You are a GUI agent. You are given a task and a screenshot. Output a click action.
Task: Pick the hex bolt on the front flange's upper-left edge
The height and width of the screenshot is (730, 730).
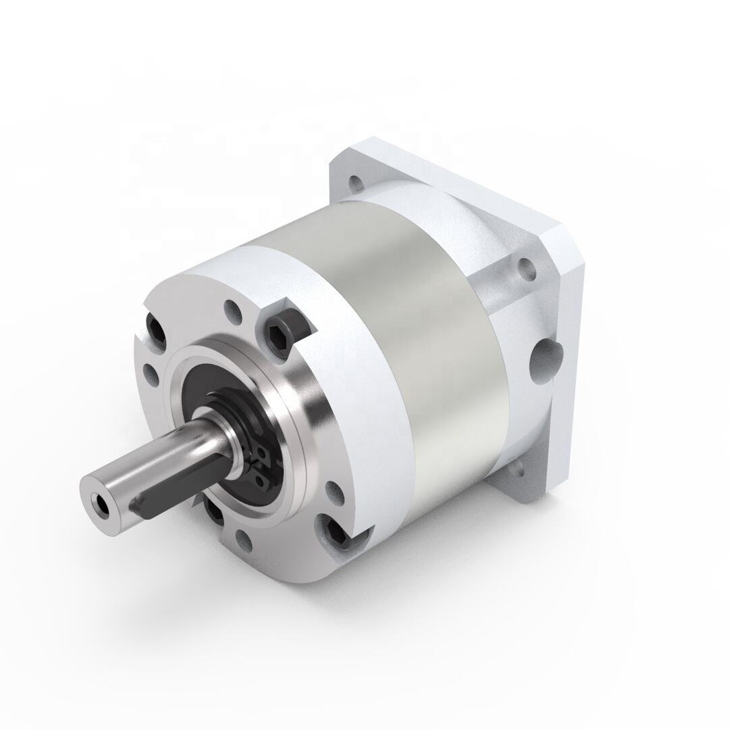(156, 331)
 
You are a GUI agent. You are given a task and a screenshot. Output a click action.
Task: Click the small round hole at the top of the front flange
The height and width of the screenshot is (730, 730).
(232, 312)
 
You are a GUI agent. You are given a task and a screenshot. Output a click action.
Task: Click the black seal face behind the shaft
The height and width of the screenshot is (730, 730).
(196, 385)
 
